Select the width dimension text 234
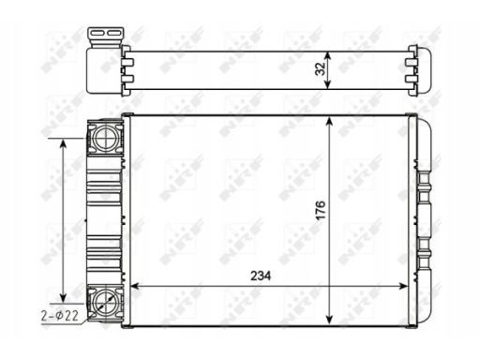click(262, 277)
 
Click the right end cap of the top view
click(418, 67)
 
